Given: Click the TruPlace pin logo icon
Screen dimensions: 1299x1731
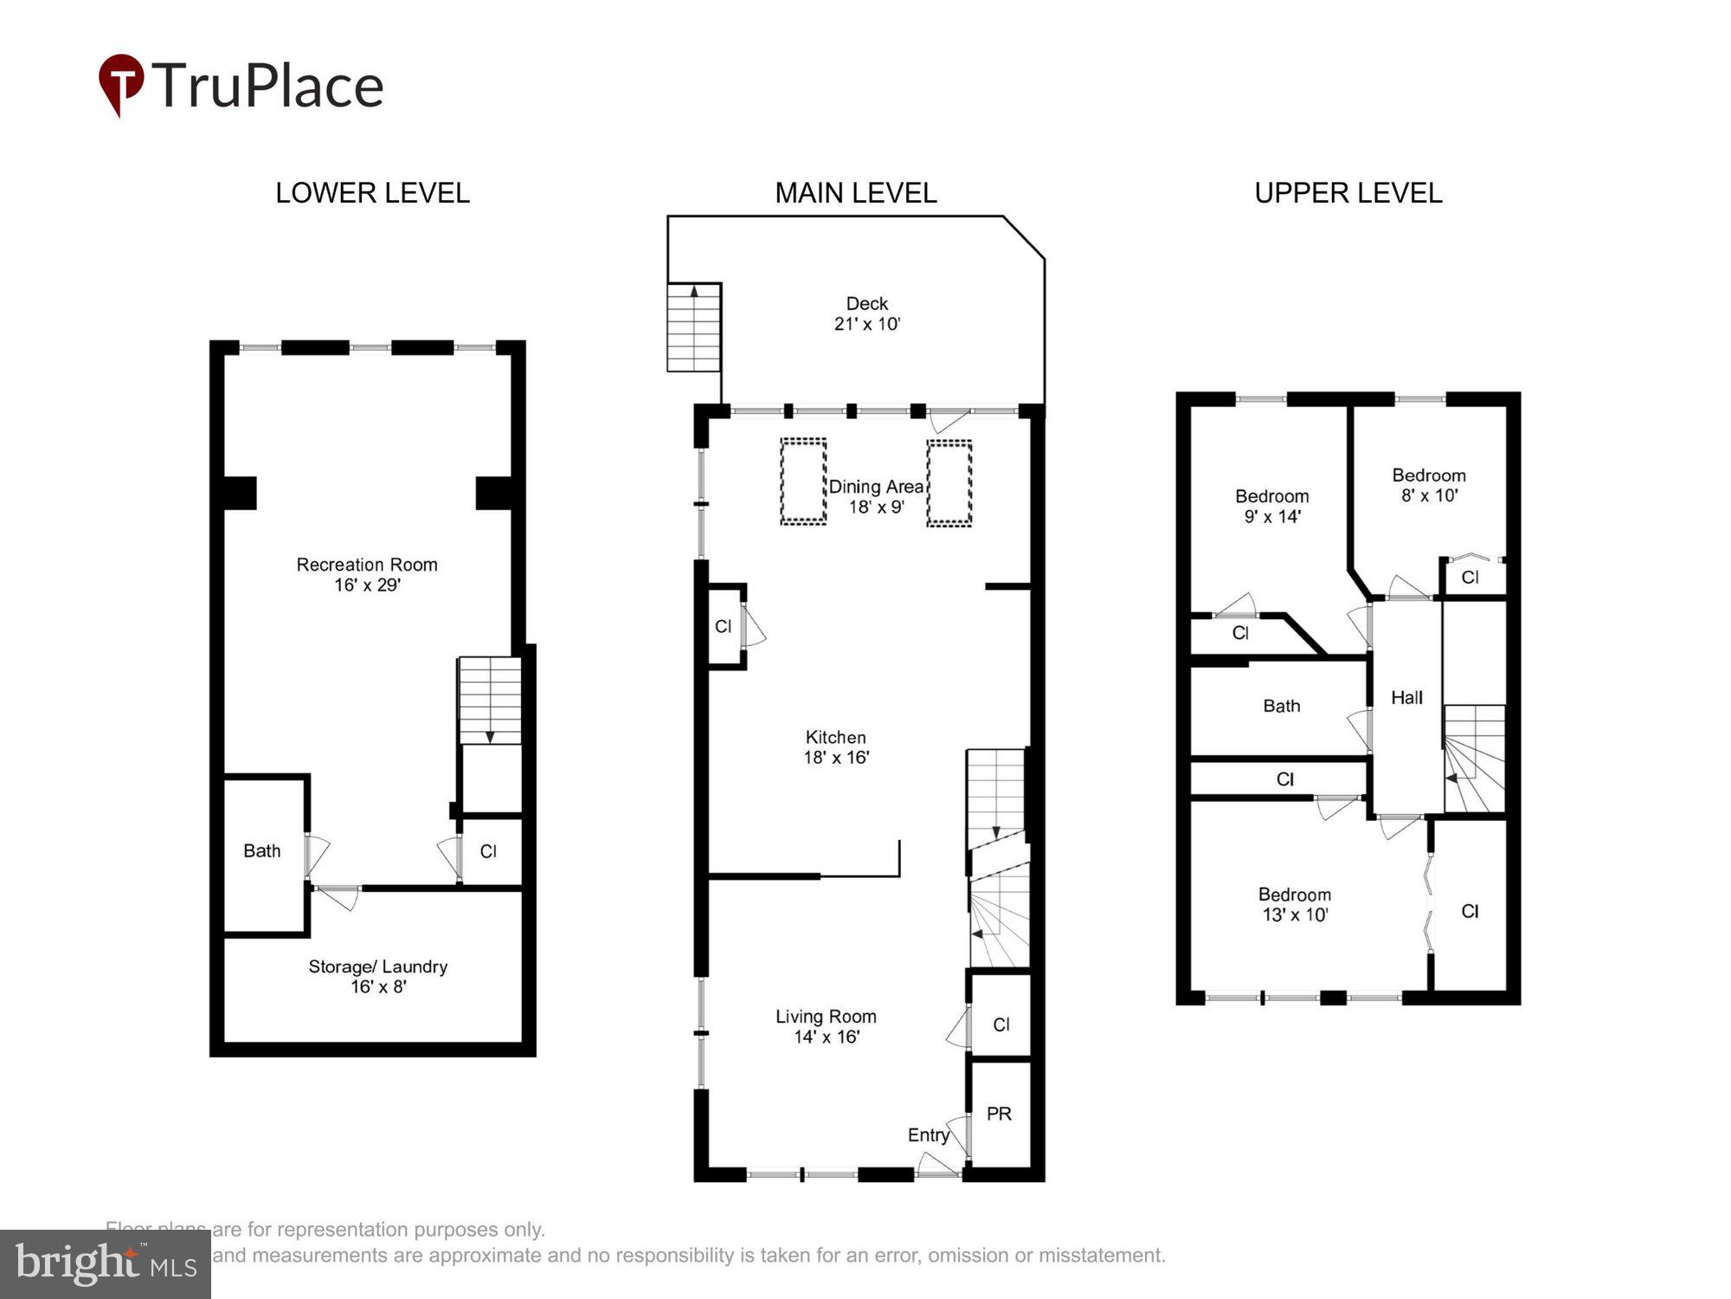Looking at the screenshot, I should point(121,83).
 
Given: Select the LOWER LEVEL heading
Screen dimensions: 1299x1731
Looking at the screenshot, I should point(372,193).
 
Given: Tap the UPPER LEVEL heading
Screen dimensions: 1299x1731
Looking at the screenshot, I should point(1348,193).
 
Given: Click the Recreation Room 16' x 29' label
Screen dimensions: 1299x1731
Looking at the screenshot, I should point(367,574).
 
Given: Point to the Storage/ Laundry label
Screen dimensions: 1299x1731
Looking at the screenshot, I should point(377,976).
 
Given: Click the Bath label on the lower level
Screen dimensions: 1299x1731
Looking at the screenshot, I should point(261,850).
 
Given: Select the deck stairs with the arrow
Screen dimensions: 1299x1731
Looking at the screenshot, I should point(694,326).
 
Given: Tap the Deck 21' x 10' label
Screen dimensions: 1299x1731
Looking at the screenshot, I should point(867,313).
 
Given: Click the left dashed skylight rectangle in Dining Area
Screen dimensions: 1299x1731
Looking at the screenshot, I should point(803,481).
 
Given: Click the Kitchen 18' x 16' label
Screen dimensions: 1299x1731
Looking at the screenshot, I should point(835,746).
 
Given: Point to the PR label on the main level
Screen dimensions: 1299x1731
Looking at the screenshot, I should point(999,1114).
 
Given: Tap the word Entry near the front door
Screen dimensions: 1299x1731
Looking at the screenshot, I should point(928,1134).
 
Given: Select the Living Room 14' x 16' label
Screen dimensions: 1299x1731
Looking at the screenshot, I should point(826,1026).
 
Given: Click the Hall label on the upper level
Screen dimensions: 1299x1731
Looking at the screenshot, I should point(1406,697).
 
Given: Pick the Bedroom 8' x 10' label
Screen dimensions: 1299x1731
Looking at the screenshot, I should point(1428,485).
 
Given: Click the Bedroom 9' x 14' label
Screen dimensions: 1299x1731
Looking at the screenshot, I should point(1271,506).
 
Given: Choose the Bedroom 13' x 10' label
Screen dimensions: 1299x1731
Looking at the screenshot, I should point(1294,904).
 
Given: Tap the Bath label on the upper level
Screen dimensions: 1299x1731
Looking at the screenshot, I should point(1281,706).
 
